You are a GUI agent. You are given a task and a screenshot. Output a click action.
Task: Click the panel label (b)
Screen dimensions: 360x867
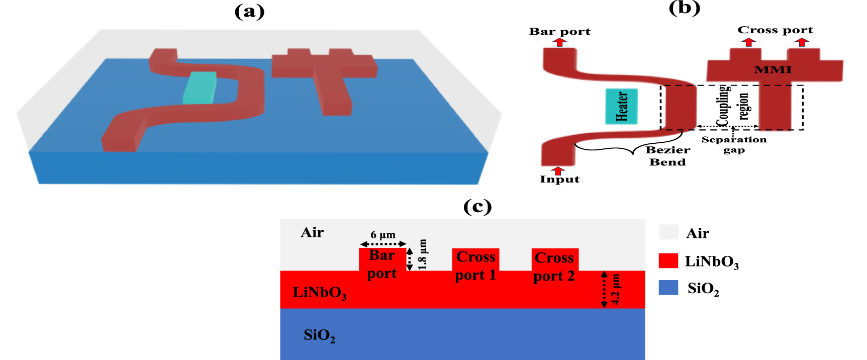click(x=684, y=8)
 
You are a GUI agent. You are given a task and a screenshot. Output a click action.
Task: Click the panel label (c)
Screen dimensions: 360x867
click(x=477, y=206)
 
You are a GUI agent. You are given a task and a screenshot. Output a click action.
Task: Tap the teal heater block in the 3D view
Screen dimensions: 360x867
click(x=200, y=88)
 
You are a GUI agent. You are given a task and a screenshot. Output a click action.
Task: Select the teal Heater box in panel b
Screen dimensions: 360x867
click(x=622, y=106)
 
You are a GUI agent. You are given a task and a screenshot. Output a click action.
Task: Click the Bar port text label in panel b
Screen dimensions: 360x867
click(x=559, y=31)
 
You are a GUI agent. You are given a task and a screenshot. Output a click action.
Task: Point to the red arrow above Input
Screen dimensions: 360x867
click(x=557, y=170)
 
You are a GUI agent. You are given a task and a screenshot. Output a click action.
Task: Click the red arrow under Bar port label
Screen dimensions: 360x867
click(x=560, y=42)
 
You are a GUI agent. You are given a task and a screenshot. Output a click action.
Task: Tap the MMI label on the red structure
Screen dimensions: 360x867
click(x=773, y=70)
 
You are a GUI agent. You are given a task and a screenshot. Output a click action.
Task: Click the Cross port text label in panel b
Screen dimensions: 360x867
click(x=775, y=30)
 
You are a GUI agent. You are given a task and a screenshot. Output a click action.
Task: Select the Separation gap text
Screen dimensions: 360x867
click(x=734, y=144)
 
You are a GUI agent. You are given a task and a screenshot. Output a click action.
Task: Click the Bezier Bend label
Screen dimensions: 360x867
click(x=667, y=156)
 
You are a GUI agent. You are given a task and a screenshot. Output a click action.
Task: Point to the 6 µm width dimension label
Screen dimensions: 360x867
click(x=383, y=235)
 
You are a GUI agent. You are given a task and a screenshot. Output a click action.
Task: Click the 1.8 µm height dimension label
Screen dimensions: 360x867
click(x=422, y=254)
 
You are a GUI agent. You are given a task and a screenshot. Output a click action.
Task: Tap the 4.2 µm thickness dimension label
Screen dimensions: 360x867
click(x=616, y=290)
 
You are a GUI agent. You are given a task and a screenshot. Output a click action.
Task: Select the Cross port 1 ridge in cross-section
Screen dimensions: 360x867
click(x=475, y=259)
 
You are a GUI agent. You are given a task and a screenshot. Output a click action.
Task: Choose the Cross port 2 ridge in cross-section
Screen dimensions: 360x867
click(x=555, y=259)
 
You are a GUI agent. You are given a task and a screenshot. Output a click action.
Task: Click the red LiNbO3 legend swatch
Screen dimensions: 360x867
click(x=668, y=260)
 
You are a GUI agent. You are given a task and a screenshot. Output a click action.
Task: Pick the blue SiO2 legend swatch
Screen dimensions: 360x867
click(x=668, y=288)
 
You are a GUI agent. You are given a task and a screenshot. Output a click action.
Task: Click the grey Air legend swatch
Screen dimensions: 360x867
click(x=668, y=232)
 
